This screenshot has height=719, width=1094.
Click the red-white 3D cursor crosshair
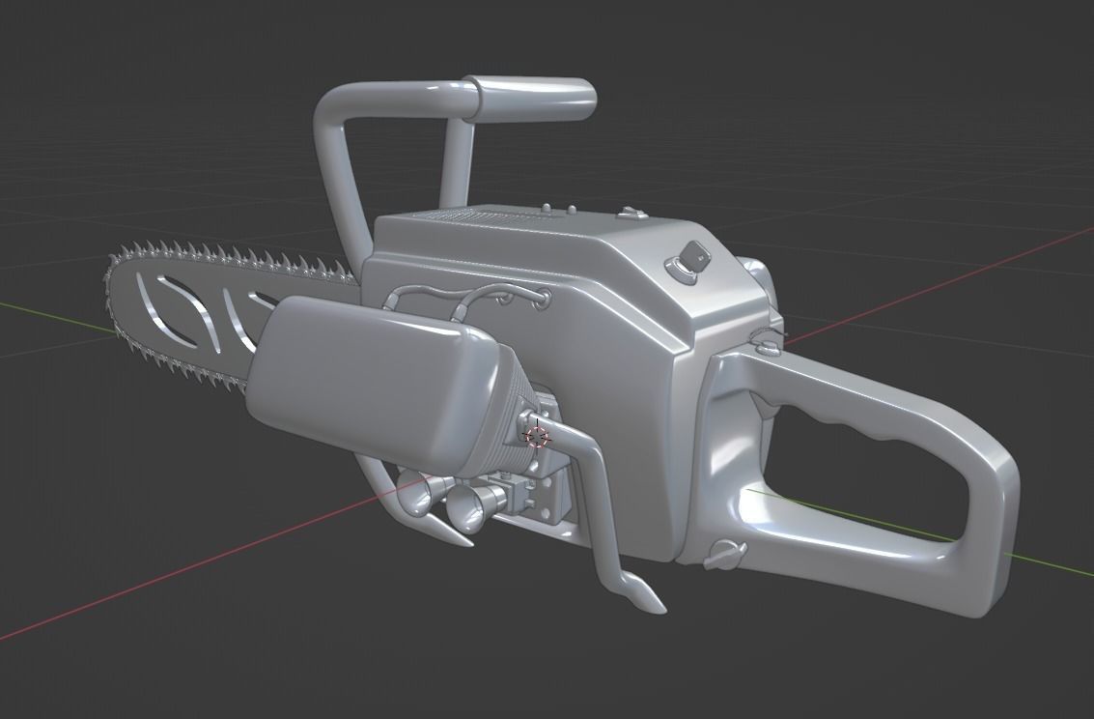[x=537, y=435]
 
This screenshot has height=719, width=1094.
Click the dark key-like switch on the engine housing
[x=691, y=256]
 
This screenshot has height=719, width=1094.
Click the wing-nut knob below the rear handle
[x=725, y=553]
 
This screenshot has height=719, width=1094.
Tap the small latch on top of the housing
[x=631, y=212]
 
